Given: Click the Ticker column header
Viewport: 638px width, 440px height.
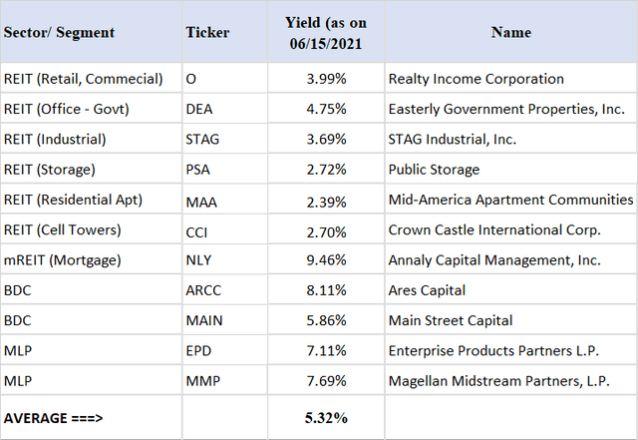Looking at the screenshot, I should [207, 32].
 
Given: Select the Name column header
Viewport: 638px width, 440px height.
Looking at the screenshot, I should [510, 32].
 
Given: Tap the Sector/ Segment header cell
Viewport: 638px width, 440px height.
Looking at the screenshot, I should [59, 32].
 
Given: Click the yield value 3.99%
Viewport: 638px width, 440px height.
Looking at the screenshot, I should [322, 79].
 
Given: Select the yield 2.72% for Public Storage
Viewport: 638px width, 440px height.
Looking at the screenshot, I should [322, 170].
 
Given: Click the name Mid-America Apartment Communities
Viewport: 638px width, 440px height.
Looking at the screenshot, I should [509, 200].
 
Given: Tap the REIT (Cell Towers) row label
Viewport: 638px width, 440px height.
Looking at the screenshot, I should [63, 229].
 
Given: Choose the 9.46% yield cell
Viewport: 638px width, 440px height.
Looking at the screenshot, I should [322, 260].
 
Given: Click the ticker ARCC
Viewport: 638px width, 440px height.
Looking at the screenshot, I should [203, 290].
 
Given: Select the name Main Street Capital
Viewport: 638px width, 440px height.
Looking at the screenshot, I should [450, 320].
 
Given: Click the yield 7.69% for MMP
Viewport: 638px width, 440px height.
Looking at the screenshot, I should [322, 380].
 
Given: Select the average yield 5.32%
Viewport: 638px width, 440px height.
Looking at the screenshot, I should [322, 416].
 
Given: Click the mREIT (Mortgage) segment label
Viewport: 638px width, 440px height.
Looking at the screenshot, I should [63, 260].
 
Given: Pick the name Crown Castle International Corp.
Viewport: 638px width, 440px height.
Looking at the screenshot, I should [494, 229].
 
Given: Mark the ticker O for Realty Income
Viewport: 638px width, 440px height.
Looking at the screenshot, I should [190, 79].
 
